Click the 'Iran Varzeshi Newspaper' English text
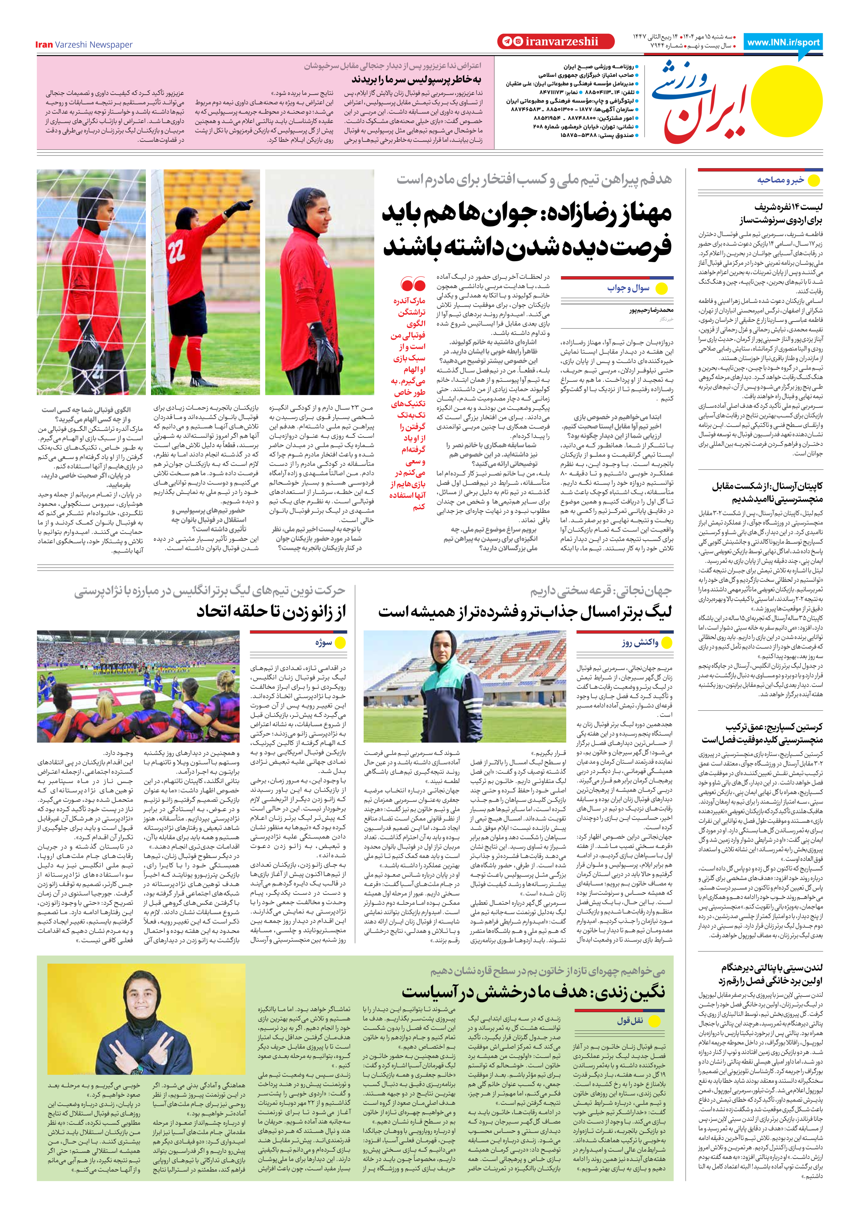(x=84, y=44)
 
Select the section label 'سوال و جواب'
(x=628, y=288)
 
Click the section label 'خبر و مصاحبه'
(x=780, y=180)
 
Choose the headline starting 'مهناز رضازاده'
(x=527, y=230)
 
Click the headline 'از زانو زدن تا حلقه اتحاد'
(x=271, y=611)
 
